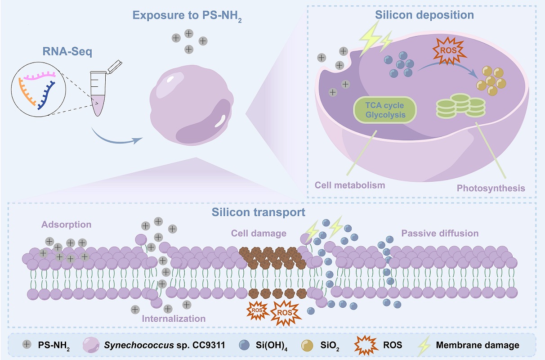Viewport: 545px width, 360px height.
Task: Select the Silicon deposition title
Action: coord(424,15)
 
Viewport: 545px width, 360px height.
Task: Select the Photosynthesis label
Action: coord(491,188)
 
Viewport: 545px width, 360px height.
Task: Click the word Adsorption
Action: coord(67,224)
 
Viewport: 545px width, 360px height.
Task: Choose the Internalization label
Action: coord(174,319)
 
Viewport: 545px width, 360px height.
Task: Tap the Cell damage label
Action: coord(259,233)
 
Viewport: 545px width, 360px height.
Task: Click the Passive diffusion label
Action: coord(440,233)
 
